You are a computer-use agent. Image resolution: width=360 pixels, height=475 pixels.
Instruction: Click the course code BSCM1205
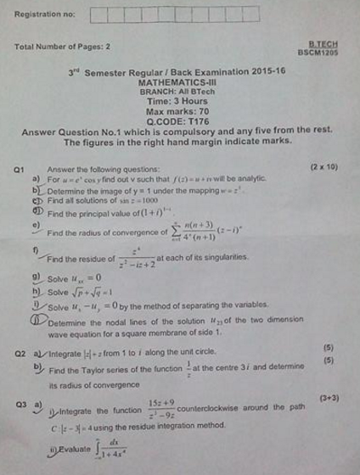pos(318,53)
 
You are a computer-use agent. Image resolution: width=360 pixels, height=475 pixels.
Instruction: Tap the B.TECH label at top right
pos(323,45)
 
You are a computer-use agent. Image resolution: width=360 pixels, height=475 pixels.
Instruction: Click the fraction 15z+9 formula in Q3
pos(161,410)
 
